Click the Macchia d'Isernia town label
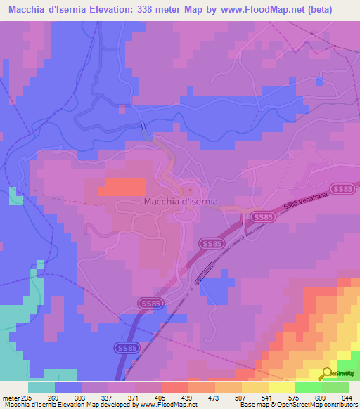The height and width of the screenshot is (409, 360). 181,202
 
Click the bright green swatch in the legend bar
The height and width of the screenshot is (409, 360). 309,387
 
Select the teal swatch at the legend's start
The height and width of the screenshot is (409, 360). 41,387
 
